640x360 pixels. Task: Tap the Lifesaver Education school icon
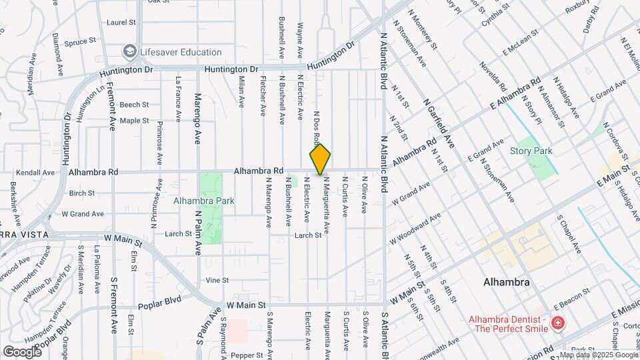[x=129, y=52]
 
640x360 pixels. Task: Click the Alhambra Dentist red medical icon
[x=557, y=324]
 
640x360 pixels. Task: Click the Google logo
[x=22, y=351]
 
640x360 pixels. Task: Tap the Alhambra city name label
[x=506, y=282]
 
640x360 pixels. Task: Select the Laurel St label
[x=121, y=22]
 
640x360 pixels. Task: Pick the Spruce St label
[x=80, y=42]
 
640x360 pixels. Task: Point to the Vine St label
[x=217, y=280]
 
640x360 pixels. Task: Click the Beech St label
[x=134, y=105]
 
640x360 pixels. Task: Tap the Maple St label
[x=134, y=121]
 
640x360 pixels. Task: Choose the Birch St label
[x=82, y=193]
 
